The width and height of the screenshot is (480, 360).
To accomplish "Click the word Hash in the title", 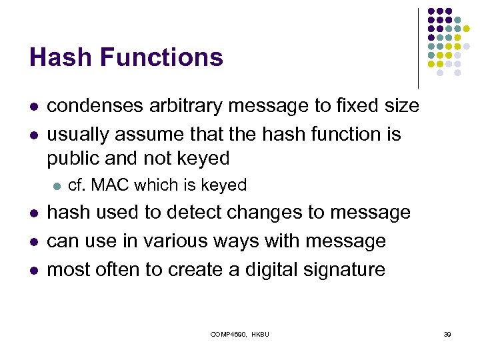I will (54, 57).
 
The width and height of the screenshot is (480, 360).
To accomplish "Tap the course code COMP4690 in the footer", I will (229, 333).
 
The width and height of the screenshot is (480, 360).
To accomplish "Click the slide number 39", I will (447, 333).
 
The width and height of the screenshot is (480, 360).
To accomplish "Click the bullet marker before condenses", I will (33, 107).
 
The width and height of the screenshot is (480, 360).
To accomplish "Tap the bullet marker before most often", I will (33, 270).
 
